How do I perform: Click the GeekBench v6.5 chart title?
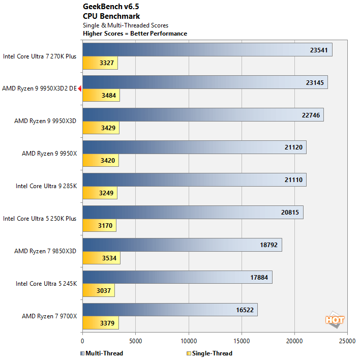[x=110, y=7]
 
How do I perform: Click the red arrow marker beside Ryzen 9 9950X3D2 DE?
[x=80, y=88]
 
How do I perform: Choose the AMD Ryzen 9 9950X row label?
[x=49, y=154]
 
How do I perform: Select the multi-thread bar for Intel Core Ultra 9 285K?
[x=194, y=180]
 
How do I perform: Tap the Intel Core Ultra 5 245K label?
[x=46, y=284]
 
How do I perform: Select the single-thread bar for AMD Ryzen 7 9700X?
[x=100, y=323]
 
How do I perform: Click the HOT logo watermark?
[x=335, y=319]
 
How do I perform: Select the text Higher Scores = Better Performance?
[x=135, y=34]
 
